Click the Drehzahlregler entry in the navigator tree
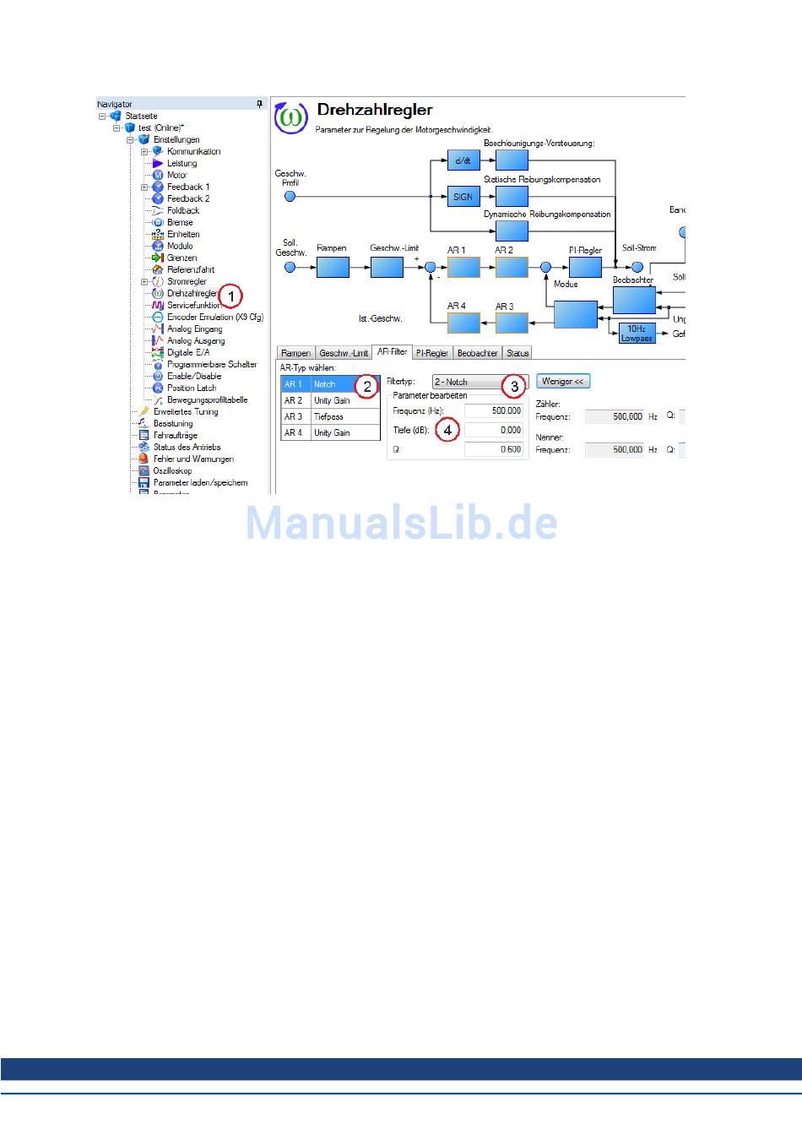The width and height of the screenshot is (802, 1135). click(x=192, y=294)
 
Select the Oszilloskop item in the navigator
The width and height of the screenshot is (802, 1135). click(x=172, y=471)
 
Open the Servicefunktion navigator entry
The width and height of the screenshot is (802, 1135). click(x=193, y=306)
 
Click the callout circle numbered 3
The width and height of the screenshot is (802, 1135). click(x=514, y=387)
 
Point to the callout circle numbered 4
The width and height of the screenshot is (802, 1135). click(x=447, y=430)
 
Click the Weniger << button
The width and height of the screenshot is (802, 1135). click(x=563, y=382)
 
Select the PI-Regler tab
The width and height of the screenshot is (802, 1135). click(x=432, y=353)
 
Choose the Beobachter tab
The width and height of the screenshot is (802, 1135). click(x=477, y=353)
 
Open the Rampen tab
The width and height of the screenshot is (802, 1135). click(x=295, y=353)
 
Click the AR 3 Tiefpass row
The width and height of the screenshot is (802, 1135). click(x=329, y=416)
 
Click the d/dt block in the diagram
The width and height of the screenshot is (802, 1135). click(x=463, y=160)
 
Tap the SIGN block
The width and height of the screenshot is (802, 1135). click(x=463, y=197)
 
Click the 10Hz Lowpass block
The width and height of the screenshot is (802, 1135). click(x=637, y=333)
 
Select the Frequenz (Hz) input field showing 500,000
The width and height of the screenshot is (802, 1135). click(x=494, y=410)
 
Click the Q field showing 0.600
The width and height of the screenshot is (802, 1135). click(x=494, y=449)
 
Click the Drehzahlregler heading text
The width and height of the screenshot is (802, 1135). click(x=374, y=110)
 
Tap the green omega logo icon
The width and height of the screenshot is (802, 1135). click(x=291, y=117)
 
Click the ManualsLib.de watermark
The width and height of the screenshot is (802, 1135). click(x=402, y=524)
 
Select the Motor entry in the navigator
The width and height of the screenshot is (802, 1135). click(x=176, y=176)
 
